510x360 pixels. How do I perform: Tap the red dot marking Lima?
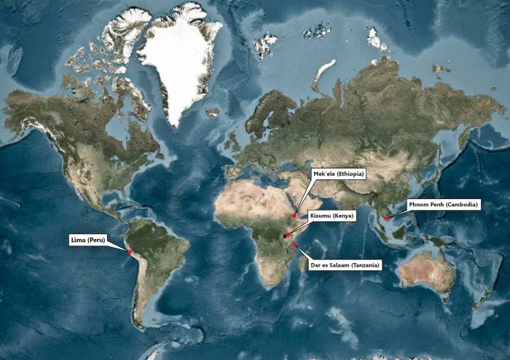(x=130, y=252)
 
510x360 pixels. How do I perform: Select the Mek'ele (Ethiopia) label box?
(x=338, y=174)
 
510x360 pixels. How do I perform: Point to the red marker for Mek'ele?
(x=294, y=216)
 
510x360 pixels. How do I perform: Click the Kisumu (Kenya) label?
(x=331, y=216)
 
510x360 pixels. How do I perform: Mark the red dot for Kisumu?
(x=287, y=235)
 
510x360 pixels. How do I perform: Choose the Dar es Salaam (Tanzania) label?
(x=345, y=265)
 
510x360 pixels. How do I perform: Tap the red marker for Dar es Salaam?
(x=294, y=244)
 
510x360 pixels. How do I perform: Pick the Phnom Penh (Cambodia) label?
(x=443, y=205)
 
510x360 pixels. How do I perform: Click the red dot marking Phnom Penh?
(x=387, y=218)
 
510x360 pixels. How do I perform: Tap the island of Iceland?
(x=213, y=112)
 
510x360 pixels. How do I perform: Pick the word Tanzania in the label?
(x=364, y=265)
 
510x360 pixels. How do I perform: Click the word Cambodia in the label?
(x=460, y=205)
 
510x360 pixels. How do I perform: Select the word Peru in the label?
(x=97, y=239)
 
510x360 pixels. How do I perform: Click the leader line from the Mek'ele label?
(x=305, y=196)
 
